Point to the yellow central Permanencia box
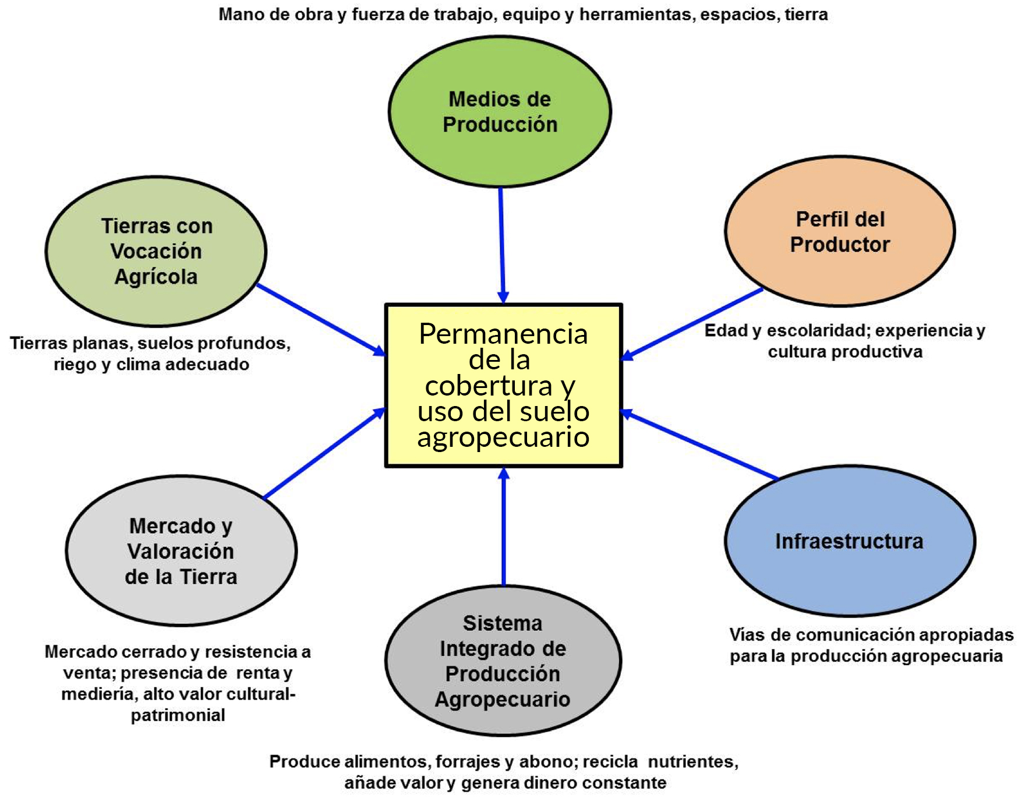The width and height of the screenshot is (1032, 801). (x=504, y=385)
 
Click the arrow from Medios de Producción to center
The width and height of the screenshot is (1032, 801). (x=502, y=245)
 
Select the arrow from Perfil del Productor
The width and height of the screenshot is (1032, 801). (x=693, y=323)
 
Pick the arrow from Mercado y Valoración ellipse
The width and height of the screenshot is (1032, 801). (x=323, y=454)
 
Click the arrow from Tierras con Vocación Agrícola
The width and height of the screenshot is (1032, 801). (x=320, y=319)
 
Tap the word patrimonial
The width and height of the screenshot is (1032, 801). (x=178, y=715)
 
